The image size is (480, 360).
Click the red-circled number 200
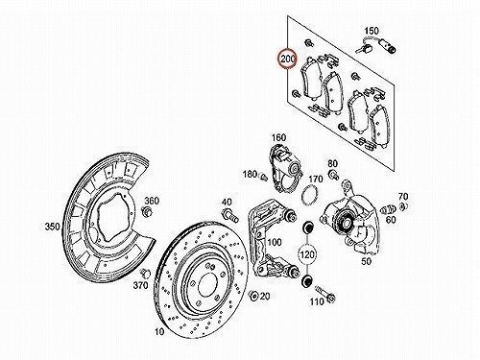pyautogui.click(x=288, y=59)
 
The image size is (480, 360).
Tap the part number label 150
pyautogui.click(x=372, y=31)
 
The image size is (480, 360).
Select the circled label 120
pyautogui.click(x=307, y=255)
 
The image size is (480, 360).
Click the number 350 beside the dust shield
pyautogui.click(x=52, y=227)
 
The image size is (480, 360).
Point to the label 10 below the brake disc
pyautogui.click(x=159, y=331)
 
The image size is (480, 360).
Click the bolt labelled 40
pyautogui.click(x=230, y=215)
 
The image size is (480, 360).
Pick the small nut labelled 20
pyautogui.click(x=254, y=296)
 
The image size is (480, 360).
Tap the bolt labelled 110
pyautogui.click(x=325, y=294)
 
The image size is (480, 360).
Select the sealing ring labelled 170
pyautogui.click(x=309, y=195)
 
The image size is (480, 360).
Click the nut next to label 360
pyautogui.click(x=147, y=212)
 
